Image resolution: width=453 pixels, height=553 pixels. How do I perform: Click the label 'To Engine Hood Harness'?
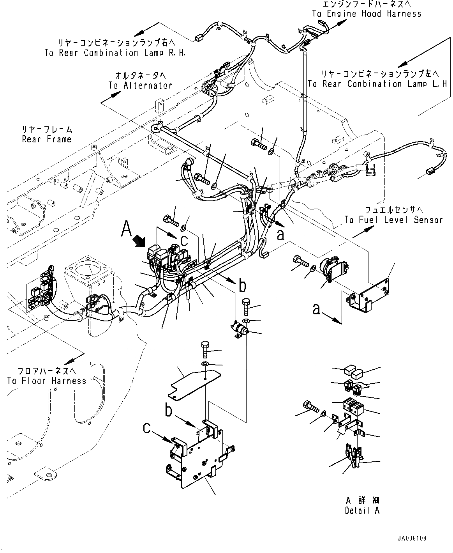(x=366, y=14)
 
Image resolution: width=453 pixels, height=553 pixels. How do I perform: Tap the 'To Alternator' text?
(x=140, y=85)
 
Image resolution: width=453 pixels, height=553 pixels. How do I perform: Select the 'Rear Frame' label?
(x=47, y=139)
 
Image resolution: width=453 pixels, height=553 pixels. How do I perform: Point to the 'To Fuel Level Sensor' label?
(x=393, y=220)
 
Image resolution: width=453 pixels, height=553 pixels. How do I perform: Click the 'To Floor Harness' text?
(x=46, y=381)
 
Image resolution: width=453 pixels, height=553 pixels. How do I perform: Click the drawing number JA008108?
(x=412, y=539)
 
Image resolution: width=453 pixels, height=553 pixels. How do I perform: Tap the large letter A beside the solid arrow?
(x=127, y=229)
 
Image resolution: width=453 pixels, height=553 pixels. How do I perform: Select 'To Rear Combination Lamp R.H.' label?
(x=115, y=53)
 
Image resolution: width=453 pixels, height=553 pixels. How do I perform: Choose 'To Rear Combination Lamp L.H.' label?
(x=378, y=84)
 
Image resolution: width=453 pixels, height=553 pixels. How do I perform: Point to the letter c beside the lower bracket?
(x=146, y=428)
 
